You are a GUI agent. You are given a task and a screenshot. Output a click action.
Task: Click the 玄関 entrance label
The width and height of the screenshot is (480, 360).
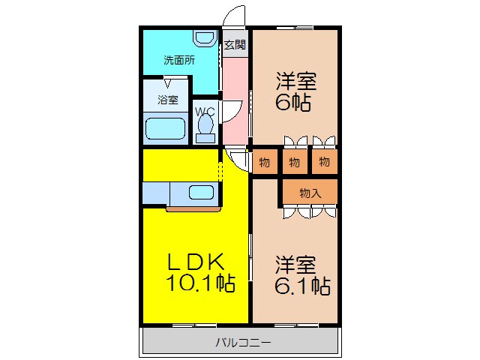tap(234, 44)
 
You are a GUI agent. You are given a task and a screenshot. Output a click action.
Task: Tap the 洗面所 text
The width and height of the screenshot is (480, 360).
tap(179, 61)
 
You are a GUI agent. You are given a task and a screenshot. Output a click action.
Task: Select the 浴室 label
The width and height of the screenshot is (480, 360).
tap(167, 100)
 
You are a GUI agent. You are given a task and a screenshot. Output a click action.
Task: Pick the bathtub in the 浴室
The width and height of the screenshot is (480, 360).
tap(164, 129)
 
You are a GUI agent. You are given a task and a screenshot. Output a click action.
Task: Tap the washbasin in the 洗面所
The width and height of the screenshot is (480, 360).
tap(203, 38)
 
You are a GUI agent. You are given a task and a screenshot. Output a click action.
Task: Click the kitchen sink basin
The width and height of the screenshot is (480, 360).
tap(201, 192)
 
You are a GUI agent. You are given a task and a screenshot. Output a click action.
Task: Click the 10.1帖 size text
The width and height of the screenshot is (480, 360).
tap(196, 283)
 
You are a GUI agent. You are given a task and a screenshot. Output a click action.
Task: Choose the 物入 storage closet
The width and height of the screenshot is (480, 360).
tap(310, 193)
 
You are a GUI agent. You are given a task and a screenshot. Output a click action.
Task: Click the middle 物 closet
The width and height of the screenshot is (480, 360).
tap(293, 161)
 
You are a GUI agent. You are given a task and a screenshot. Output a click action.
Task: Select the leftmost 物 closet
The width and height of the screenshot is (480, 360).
tap(264, 161)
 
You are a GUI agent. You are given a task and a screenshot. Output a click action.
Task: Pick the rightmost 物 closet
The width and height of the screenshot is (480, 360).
tap(323, 161)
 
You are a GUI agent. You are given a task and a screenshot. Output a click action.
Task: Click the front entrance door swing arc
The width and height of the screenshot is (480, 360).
tap(235, 16)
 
